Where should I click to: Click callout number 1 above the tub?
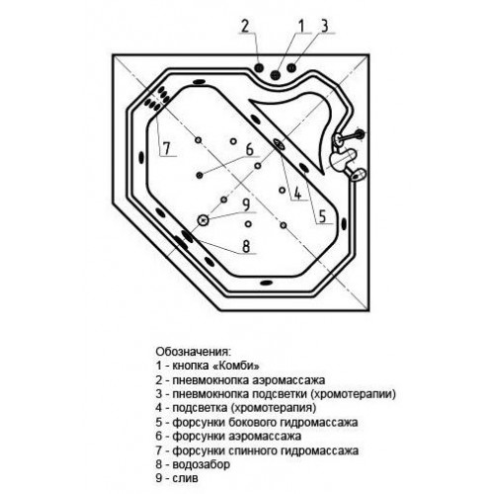pyautogui.click(x=301, y=26)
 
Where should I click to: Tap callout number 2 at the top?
pyautogui.click(x=245, y=26)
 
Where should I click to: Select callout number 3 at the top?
pyautogui.click(x=325, y=26)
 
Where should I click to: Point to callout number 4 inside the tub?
pyautogui.click(x=297, y=194)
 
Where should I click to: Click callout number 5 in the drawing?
pyautogui.click(x=322, y=216)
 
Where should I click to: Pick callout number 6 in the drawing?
pyautogui.click(x=250, y=149)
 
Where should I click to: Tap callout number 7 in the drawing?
pyautogui.click(x=166, y=148)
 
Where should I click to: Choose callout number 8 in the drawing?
pyautogui.click(x=246, y=246)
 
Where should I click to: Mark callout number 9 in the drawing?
pyautogui.click(x=246, y=205)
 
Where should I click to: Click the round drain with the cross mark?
pyautogui.click(x=203, y=220)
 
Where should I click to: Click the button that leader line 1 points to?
pyautogui.click(x=276, y=75)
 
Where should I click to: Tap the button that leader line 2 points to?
pyautogui.click(x=259, y=67)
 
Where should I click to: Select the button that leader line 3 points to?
pyautogui.click(x=291, y=67)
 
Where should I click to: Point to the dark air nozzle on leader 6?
pyautogui.click(x=200, y=175)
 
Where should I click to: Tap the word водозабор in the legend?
pyautogui.click(x=202, y=464)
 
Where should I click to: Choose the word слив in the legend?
pyautogui.click(x=186, y=478)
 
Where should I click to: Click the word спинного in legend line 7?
pyautogui.click(x=247, y=451)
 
